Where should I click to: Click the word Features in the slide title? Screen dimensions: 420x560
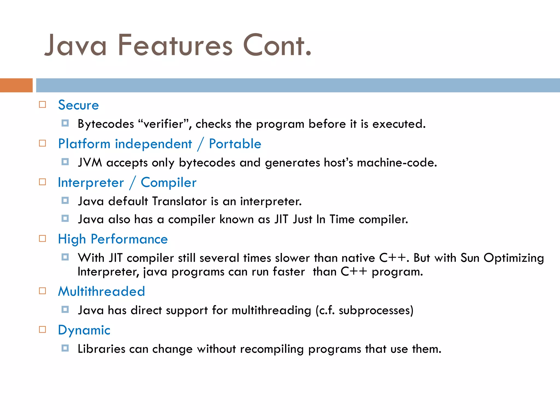[x=175, y=45]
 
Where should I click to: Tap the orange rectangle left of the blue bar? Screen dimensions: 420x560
[x=16, y=85]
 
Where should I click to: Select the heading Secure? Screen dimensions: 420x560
[x=78, y=105]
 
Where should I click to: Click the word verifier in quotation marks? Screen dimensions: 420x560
[x=164, y=124]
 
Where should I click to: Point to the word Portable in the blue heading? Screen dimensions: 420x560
[x=235, y=144]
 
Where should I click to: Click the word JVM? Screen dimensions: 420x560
[x=90, y=163]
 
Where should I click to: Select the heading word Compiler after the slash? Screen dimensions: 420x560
[x=168, y=183]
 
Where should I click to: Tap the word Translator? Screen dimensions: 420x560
[x=179, y=202]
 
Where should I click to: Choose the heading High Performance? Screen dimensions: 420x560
[x=113, y=239]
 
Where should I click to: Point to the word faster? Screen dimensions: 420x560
[x=289, y=272]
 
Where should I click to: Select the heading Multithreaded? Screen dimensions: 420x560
[x=101, y=291]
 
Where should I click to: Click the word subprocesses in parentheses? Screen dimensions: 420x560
[x=374, y=310]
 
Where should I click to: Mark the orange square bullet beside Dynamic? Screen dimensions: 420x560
[x=42, y=329]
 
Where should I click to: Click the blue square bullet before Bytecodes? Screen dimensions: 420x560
[x=65, y=123]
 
